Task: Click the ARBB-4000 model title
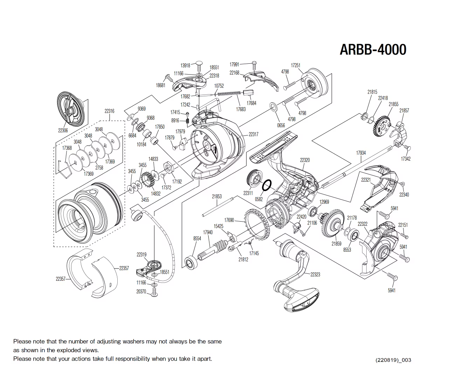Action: coord(373,50)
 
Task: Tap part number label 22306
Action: coord(63,130)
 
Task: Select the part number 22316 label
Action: coord(109,111)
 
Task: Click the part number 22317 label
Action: coord(253,134)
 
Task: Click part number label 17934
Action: coord(361,153)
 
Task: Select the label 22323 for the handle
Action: coord(315,274)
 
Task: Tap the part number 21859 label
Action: coord(336,244)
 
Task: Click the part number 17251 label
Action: coord(296,65)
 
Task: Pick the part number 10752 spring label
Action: coord(219,86)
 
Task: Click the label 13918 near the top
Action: coord(185,65)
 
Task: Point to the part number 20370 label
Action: coord(141,291)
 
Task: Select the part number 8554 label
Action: coord(197,238)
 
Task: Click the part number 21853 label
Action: coord(217,196)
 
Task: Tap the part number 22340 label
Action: coord(404,195)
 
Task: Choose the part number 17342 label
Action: coord(406,159)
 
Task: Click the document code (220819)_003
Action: coord(393,360)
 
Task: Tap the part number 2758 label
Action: coord(99,168)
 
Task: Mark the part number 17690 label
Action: coord(229,220)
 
